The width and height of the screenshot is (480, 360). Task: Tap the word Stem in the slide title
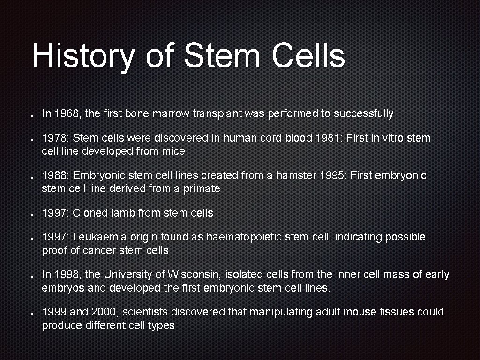(x=222, y=56)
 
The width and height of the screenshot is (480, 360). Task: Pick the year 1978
(x=56, y=138)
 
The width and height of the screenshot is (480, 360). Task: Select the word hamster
(x=296, y=176)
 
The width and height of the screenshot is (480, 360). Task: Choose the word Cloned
(x=90, y=213)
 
